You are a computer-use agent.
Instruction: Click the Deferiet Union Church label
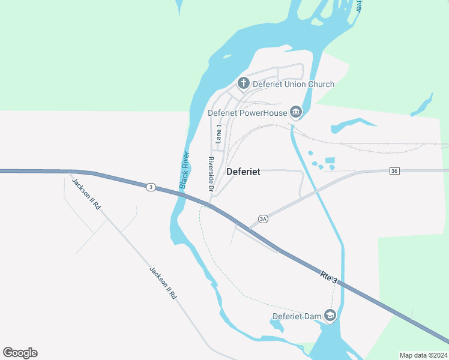tap(293, 84)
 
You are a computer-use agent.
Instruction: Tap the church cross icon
tap(244, 83)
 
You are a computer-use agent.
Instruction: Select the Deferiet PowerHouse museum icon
tap(295, 112)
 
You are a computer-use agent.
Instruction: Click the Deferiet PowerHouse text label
tap(247, 112)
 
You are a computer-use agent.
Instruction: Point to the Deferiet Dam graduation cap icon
tap(329, 315)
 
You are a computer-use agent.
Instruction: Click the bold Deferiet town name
tap(243, 172)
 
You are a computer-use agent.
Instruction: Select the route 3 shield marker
tap(151, 187)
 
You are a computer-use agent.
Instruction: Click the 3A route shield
tap(263, 220)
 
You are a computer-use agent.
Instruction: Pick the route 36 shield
tap(394, 171)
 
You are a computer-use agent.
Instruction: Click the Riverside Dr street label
tap(211, 175)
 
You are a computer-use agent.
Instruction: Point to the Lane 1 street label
tap(218, 134)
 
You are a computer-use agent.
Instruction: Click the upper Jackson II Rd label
tap(86, 193)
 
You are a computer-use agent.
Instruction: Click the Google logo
tap(20, 353)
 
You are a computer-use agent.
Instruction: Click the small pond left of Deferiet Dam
tap(276, 326)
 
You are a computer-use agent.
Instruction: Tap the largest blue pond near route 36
tap(329, 161)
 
